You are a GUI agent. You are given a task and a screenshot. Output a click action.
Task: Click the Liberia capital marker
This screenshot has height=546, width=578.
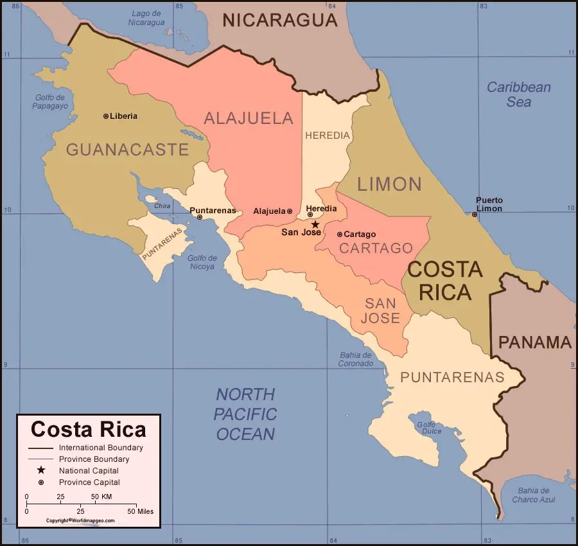coord(106,116)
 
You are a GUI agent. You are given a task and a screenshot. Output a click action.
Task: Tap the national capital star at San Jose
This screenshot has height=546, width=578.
coord(315,224)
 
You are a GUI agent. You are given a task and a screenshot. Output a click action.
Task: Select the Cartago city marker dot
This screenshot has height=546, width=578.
coord(340,234)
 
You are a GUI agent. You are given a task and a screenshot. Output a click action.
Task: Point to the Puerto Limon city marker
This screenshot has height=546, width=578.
coord(475,215)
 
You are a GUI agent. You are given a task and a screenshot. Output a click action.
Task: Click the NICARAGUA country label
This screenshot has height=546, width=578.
coord(279,20)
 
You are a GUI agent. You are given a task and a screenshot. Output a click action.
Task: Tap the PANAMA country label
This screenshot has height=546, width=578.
coord(535,342)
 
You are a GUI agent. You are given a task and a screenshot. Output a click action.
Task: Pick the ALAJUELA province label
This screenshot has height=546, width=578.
coord(249,118)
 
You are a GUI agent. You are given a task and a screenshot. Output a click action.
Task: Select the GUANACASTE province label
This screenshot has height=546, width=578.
coord(127,150)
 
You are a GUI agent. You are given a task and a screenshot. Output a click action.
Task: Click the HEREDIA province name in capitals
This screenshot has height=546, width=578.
coord(328,136)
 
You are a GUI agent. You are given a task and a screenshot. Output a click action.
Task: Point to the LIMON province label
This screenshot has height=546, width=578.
coord(389,184)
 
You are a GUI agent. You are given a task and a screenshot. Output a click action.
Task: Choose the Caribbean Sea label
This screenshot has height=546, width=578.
coord(518,94)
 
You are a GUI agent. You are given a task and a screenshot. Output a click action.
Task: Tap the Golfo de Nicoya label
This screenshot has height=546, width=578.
coord(202,262)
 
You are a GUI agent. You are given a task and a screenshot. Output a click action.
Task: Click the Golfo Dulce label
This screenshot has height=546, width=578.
coord(429,428)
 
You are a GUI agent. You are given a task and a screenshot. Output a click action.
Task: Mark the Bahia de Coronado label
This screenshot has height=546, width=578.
coord(356,359)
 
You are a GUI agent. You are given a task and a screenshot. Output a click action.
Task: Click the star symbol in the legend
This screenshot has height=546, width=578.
coord(40,470)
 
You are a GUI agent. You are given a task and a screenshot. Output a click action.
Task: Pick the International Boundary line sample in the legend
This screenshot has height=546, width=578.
coord(40,448)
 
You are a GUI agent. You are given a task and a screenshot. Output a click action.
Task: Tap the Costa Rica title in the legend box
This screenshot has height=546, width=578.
coord(89,429)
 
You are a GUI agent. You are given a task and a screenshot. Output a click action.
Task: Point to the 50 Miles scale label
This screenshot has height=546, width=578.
coord(140,511)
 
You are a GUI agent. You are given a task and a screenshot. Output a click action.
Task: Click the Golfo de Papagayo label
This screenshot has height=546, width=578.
coord(50,101)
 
